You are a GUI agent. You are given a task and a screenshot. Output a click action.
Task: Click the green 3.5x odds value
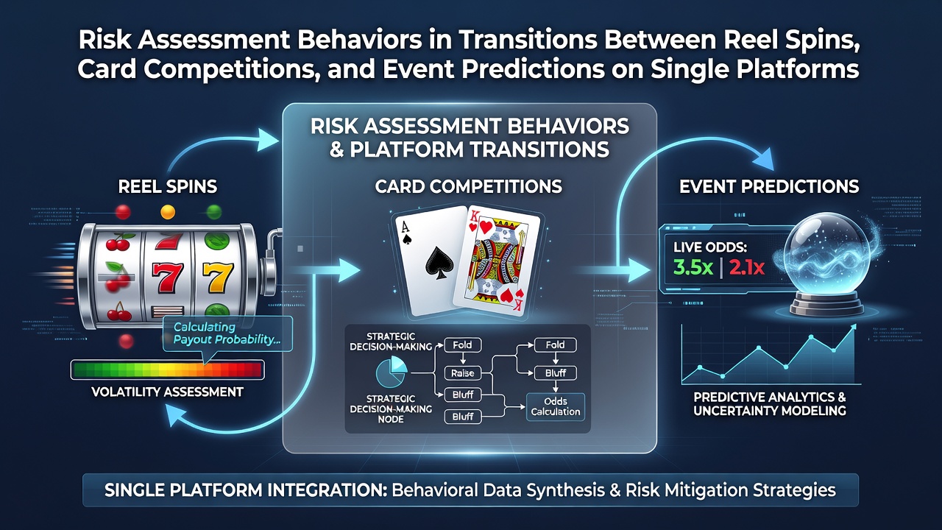[x=693, y=267]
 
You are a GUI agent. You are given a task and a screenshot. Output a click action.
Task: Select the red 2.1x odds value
[x=746, y=267]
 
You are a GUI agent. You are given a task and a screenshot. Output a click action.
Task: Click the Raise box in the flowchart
[x=463, y=372]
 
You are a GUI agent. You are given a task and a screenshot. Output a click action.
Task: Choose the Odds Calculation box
[x=555, y=407]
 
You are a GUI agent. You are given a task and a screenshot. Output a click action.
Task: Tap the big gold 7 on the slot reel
[x=217, y=278]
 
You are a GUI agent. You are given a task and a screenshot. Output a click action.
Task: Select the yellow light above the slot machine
[x=168, y=211]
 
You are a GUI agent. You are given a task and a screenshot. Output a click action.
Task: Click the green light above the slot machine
[x=214, y=211]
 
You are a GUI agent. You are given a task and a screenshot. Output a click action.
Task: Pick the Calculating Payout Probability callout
[x=227, y=333]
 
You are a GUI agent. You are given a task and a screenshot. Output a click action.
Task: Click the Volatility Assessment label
[x=167, y=392]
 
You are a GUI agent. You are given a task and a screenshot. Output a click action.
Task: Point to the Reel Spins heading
[x=167, y=186]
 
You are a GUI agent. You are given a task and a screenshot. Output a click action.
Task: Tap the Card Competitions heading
[x=469, y=186]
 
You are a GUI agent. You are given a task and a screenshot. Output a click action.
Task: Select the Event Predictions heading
[x=769, y=186]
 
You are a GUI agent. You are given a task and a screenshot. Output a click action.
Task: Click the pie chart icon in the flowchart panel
[x=392, y=372]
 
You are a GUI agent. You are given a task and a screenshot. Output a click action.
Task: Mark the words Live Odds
[x=710, y=247]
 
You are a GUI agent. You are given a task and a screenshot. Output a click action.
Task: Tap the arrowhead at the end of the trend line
[x=853, y=328]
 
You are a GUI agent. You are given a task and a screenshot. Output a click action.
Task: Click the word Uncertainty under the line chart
[x=732, y=411]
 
